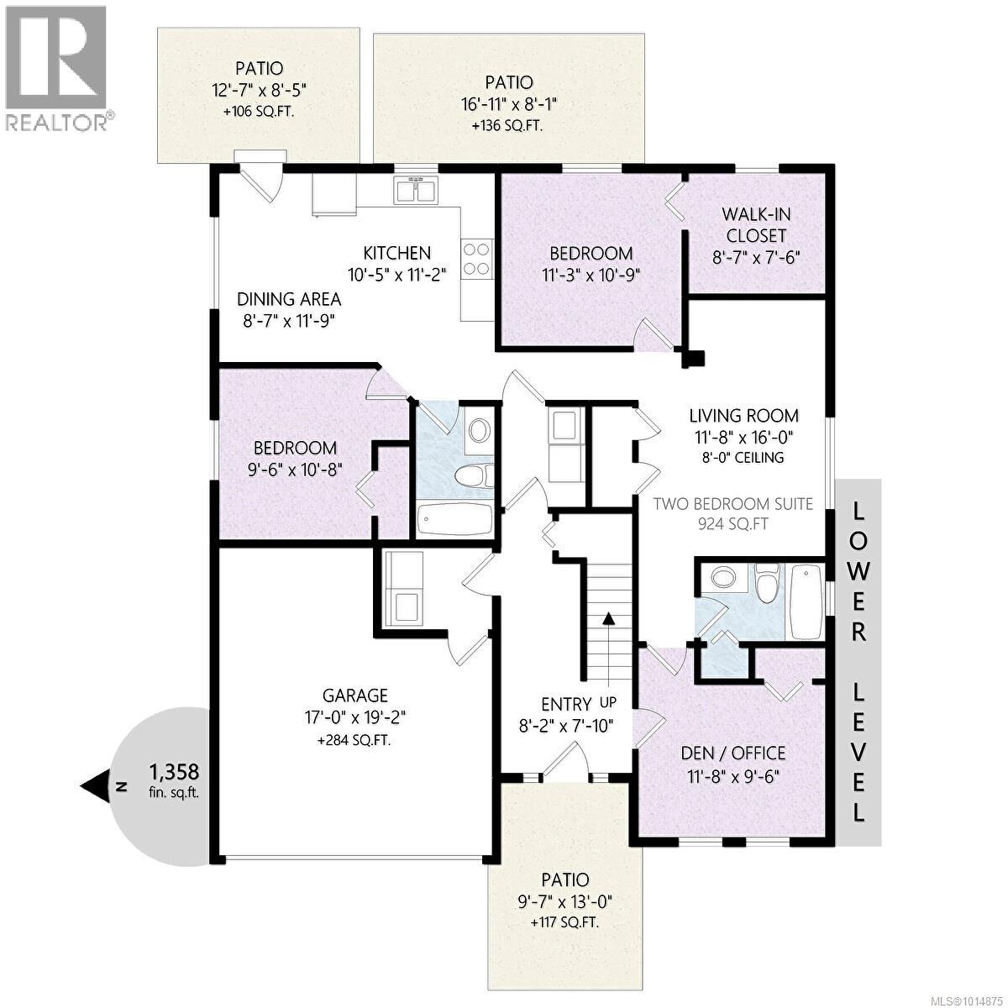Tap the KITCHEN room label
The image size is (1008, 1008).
click(x=396, y=253)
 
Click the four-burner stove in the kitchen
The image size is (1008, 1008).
click(x=476, y=258)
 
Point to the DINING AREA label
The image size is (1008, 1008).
click(x=289, y=299)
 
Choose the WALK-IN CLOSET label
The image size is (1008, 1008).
click(x=756, y=225)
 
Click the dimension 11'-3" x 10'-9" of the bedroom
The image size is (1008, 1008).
click(x=591, y=274)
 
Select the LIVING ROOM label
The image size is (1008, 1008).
click(x=743, y=415)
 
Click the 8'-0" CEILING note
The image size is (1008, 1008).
click(x=743, y=458)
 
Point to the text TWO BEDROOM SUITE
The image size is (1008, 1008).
click(x=733, y=504)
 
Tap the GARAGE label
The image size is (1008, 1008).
click(x=355, y=696)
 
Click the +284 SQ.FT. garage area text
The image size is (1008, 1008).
click(x=354, y=740)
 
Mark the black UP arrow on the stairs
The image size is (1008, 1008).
click(x=607, y=620)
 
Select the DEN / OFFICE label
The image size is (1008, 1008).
click(x=733, y=753)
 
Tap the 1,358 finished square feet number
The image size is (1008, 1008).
click(x=174, y=771)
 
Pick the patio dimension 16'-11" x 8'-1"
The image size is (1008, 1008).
click(x=509, y=104)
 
